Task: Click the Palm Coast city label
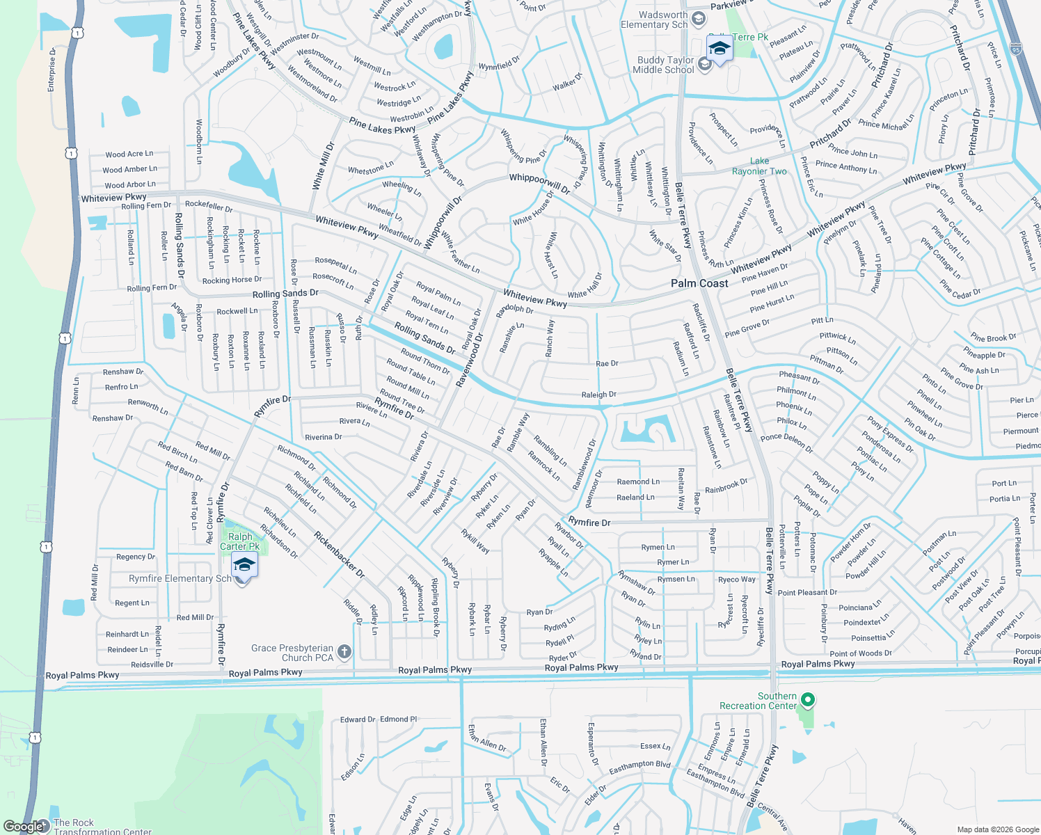click(x=699, y=283)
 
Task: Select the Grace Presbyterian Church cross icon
click(x=344, y=652)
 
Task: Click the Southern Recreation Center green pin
click(x=807, y=699)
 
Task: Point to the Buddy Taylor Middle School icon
click(x=704, y=65)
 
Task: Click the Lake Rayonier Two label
click(x=759, y=166)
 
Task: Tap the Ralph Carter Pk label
click(x=240, y=541)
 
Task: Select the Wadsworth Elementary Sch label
click(x=654, y=19)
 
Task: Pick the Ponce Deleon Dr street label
click(x=786, y=443)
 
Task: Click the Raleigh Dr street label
click(x=598, y=395)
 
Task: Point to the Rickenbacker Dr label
click(x=339, y=555)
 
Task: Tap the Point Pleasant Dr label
click(x=807, y=593)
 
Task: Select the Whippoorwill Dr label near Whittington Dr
click(x=539, y=182)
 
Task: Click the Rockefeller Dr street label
click(x=209, y=207)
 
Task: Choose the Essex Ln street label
click(x=655, y=746)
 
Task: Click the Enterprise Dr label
click(x=52, y=70)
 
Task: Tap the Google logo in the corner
click(x=25, y=827)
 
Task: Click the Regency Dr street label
click(x=136, y=557)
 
